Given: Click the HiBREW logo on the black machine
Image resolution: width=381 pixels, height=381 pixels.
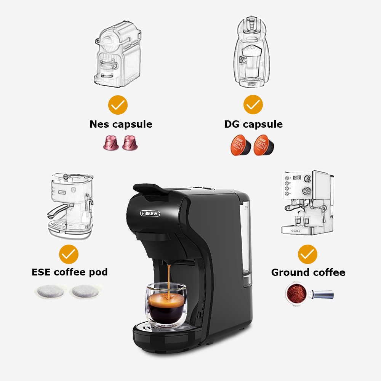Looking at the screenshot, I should coord(150,213).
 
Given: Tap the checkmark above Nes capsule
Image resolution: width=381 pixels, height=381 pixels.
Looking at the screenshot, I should coord(118,105).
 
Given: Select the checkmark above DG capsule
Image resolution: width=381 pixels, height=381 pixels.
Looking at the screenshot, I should coord(253,105).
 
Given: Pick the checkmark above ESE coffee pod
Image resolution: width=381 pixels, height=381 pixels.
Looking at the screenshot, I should coord(69,254).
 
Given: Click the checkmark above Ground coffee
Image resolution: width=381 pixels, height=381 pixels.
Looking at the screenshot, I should coord(307,254).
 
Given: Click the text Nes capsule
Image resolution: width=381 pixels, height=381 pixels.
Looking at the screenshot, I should coord(121,124).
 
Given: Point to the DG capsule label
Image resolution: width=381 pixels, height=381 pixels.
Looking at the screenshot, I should coord(253,124).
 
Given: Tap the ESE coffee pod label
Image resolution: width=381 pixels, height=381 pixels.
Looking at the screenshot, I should coord(69,272).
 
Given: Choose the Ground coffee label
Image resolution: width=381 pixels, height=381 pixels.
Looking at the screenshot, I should coord(308,272).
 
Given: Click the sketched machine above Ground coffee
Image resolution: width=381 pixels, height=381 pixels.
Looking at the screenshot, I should coord(307,202).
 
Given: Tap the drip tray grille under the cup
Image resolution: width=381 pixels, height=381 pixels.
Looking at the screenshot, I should coord(152,326).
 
